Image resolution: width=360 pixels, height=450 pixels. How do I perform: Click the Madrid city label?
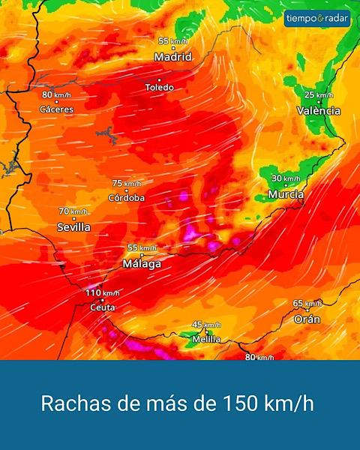pos(172,57)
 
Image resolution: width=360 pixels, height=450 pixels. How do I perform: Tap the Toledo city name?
pos(159,88)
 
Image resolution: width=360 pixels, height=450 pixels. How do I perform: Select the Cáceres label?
pos(56,109)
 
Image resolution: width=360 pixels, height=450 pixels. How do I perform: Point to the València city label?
pos(318,111)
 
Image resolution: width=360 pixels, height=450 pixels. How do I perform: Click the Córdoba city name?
pos(126,198)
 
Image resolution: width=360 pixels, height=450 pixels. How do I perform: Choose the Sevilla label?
pos(73,226)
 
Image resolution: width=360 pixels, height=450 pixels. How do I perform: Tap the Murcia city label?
pos(286,194)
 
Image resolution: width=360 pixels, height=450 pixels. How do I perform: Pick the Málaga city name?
pos(142,264)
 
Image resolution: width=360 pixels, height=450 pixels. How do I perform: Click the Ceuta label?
pos(102,307)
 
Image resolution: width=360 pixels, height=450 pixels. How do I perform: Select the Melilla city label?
pos(206,339)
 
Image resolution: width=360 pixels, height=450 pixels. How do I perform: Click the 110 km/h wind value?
pos(102,292)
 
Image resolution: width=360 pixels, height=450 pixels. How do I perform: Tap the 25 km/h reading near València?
pos(319,95)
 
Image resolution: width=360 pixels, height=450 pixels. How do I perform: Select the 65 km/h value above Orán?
pos(307,304)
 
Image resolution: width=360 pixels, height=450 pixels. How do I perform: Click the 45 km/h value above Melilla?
pos(206,325)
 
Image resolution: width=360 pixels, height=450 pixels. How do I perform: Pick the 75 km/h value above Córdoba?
pos(126,183)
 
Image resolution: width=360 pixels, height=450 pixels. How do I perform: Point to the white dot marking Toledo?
pos(159,79)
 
